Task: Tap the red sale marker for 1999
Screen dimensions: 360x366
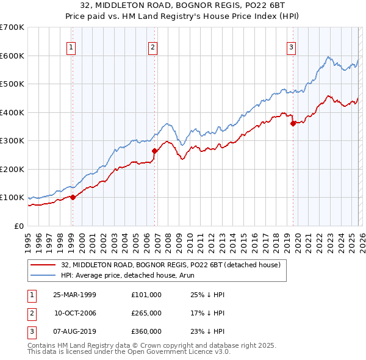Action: [x=73, y=197]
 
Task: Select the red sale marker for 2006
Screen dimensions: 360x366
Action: [x=154, y=151]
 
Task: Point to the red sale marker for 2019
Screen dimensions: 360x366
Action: [x=293, y=123]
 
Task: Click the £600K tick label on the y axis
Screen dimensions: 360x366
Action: [x=12, y=56]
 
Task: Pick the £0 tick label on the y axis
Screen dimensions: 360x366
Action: [x=19, y=226]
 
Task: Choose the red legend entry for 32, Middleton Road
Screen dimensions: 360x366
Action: [x=170, y=265]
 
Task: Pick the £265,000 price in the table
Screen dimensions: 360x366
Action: [x=146, y=313]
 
